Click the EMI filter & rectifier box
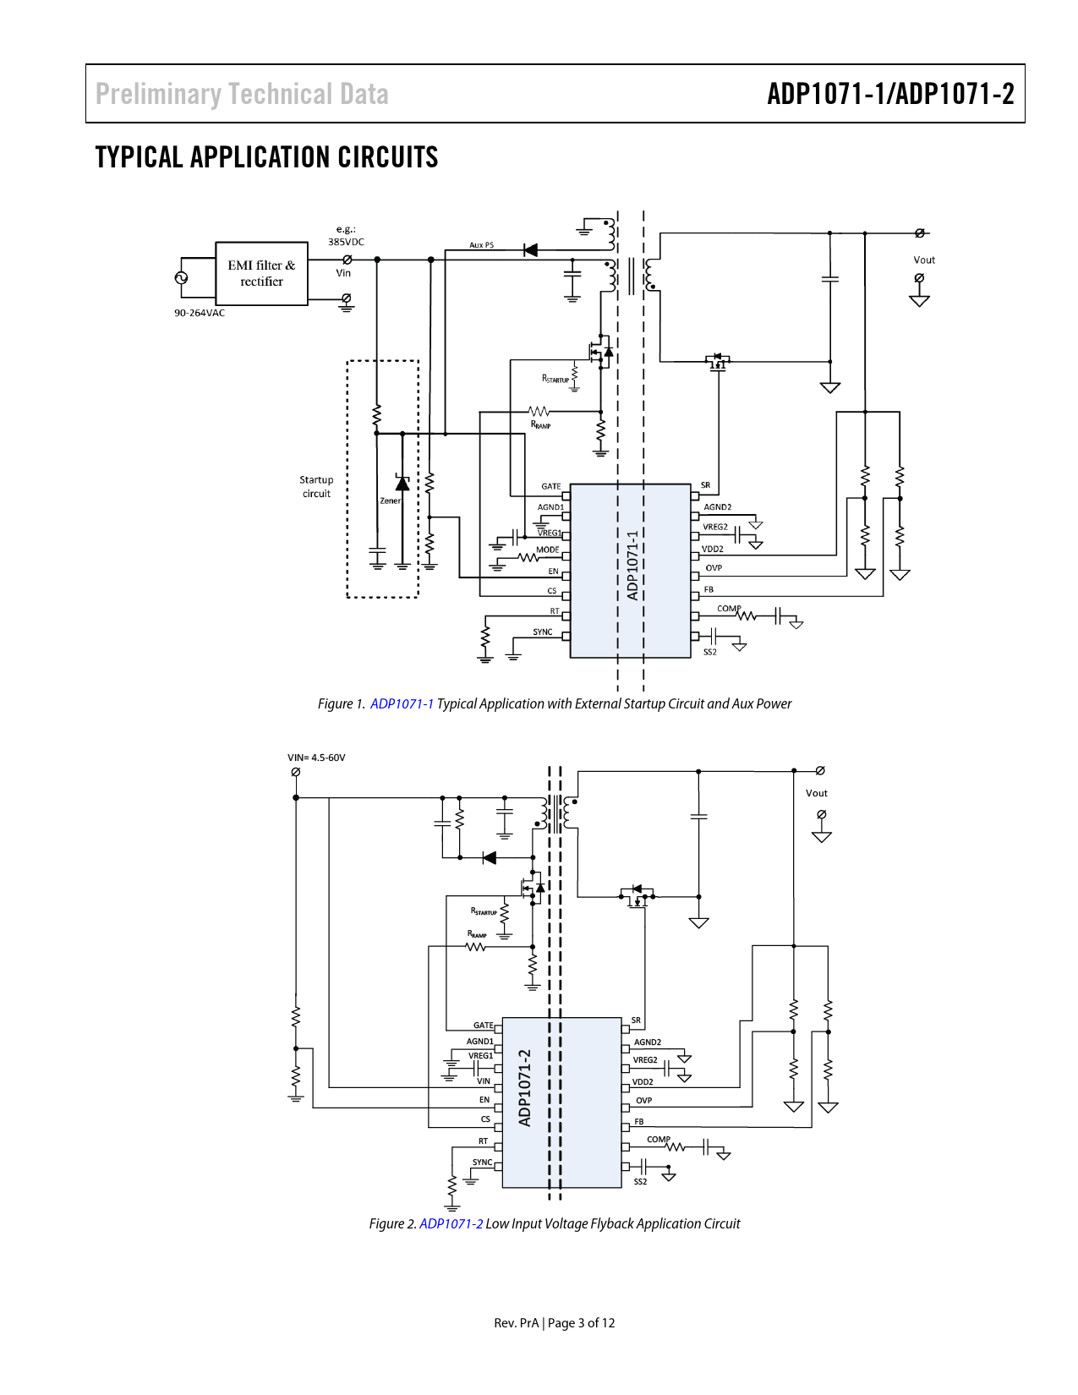pyautogui.click(x=261, y=273)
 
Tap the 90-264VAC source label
pyautogui.click(x=200, y=313)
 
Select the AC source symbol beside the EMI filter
pyautogui.click(x=181, y=277)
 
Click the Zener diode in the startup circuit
pyautogui.click(x=402, y=484)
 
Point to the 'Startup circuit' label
pyautogui.click(x=316, y=487)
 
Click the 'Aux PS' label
pyautogui.click(x=482, y=245)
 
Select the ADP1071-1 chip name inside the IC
pyautogui.click(x=632, y=566)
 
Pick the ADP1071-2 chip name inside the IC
pyautogui.click(x=525, y=1088)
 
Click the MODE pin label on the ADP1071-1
pyautogui.click(x=548, y=550)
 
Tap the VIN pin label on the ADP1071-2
pyautogui.click(x=484, y=1081)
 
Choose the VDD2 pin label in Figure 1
pyautogui.click(x=713, y=550)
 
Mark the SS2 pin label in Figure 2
pyautogui.click(x=641, y=1182)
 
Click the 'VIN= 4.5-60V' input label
pyautogui.click(x=316, y=758)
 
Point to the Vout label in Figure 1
pyautogui.click(x=924, y=260)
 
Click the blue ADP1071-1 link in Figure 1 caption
pyautogui.click(x=402, y=704)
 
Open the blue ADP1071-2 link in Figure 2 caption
pyautogui.click(x=451, y=1224)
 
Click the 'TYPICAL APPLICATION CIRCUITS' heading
pyautogui.click(x=266, y=158)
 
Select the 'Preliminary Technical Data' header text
pyautogui.click(x=242, y=94)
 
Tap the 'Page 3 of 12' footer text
pyautogui.click(x=581, y=1323)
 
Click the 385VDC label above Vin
pyautogui.click(x=346, y=242)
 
